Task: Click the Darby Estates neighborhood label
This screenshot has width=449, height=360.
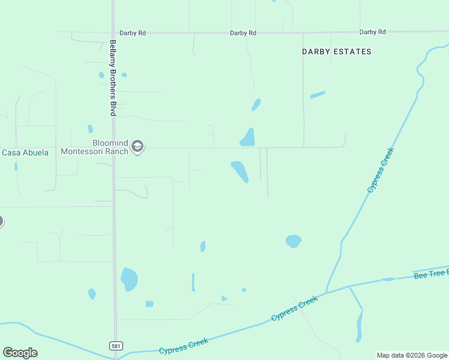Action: point(336,52)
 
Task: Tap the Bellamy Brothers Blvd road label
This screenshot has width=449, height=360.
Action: point(112,78)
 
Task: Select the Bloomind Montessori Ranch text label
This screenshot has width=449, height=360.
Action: point(95,147)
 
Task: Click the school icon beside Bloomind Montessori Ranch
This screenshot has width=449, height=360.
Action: point(137,147)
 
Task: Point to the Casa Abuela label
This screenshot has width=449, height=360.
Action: point(25,152)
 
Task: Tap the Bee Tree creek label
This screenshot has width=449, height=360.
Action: point(431,274)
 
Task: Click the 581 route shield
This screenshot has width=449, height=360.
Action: point(116,346)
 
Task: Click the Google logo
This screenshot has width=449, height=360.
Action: point(20,353)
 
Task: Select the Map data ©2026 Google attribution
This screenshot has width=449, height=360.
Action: point(412,355)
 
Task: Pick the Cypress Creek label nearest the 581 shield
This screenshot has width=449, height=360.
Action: point(184,346)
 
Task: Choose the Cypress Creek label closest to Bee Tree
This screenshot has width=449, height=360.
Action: point(294,308)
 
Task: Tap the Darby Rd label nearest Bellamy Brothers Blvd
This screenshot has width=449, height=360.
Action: point(133,33)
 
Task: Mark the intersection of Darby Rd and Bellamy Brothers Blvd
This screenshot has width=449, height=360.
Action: point(113,33)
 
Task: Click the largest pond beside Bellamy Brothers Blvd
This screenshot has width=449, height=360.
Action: point(129,279)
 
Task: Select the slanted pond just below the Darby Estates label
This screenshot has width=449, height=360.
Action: point(318,94)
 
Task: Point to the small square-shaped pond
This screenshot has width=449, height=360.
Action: point(149,304)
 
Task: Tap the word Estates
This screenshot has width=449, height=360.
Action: point(354,52)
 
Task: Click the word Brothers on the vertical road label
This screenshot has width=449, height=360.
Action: point(112,82)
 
